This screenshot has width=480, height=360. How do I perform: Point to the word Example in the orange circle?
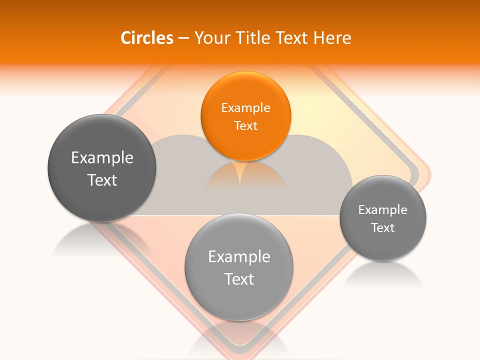click(245, 107)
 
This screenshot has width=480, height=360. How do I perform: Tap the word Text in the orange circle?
click(245, 125)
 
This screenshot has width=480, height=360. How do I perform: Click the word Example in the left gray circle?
click(102, 158)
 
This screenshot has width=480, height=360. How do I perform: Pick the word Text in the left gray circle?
click(102, 180)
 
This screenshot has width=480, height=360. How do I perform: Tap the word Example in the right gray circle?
click(383, 209)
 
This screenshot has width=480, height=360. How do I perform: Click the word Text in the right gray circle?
click(383, 227)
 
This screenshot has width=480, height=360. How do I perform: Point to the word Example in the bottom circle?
click(239, 256)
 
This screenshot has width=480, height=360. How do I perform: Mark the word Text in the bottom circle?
click(239, 279)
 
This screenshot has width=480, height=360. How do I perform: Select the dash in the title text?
click(183, 38)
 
